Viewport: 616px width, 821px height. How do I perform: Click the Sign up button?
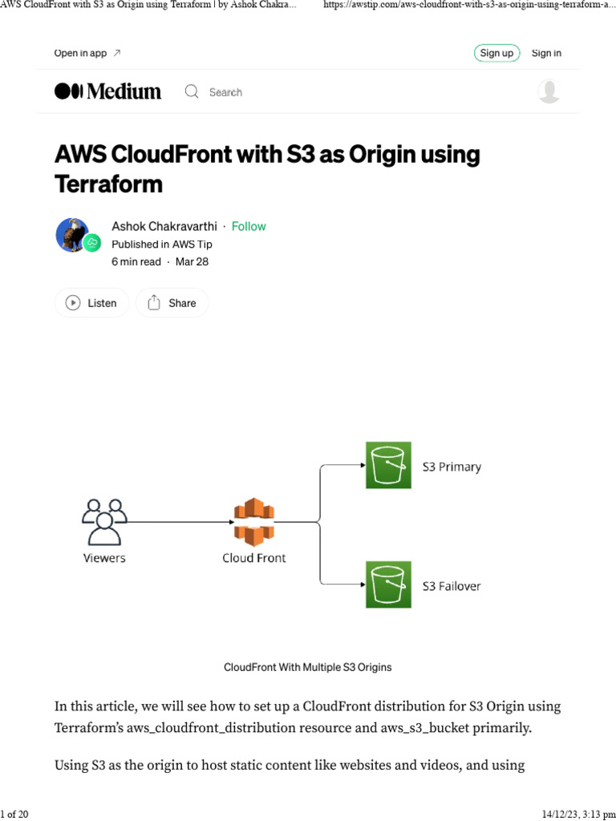[x=496, y=53]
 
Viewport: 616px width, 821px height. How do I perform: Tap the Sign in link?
[x=546, y=53]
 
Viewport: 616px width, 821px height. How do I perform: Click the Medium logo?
[x=107, y=91]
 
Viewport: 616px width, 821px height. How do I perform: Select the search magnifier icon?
[x=192, y=91]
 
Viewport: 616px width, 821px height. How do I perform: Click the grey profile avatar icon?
[x=549, y=91]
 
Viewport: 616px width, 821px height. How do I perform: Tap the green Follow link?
[x=249, y=226]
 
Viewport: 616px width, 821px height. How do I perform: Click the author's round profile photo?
[x=72, y=235]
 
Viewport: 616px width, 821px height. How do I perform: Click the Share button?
[x=172, y=303]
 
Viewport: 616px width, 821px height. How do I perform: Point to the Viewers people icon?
[x=104, y=521]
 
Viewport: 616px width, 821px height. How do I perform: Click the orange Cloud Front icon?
[x=253, y=521]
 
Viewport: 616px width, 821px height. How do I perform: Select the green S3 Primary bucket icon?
[x=388, y=465]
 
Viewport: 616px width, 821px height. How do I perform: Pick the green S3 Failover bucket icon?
[x=388, y=584]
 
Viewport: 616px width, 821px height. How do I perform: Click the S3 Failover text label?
[x=452, y=586]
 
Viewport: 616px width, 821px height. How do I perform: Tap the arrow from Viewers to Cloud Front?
[x=176, y=522]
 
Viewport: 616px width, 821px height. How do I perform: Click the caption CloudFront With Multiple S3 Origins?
[x=307, y=667]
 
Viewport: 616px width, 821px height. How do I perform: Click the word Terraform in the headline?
[x=108, y=184]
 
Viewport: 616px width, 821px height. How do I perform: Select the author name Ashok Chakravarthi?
[x=164, y=226]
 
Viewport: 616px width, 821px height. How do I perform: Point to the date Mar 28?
[x=192, y=261]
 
